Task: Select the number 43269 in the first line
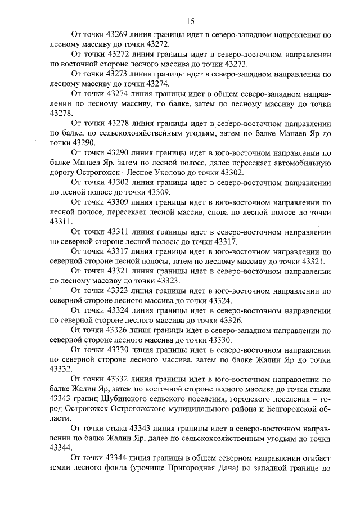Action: tap(119, 35)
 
